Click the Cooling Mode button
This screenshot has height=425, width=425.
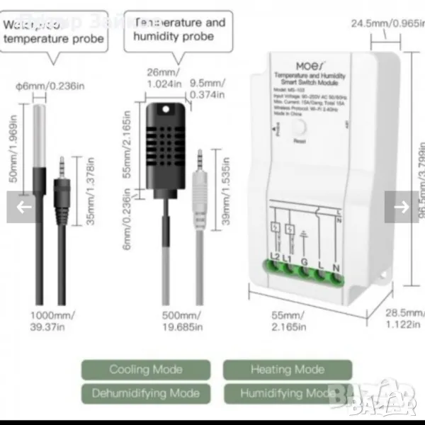pos(146,369)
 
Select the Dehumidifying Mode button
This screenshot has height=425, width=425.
pos(146,393)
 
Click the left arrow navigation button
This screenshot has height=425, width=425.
pos(24,207)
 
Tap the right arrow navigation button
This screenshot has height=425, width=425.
pos(401,207)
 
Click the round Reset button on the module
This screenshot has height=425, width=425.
pos(299,128)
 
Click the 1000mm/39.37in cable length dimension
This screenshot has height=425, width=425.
pos(53,319)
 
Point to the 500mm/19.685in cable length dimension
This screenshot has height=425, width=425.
pos(180,319)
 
